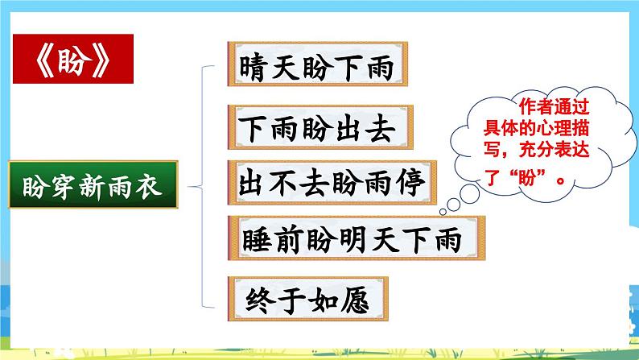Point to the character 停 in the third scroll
[408, 183]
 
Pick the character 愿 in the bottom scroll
[353, 300]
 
